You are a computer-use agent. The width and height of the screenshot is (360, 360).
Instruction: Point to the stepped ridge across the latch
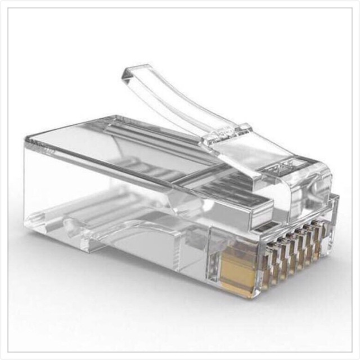pos(225,130)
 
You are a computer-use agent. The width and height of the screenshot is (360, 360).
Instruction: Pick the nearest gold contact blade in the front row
pos(264,264)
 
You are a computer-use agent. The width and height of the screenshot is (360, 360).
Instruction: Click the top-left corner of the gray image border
pos(8,8)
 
